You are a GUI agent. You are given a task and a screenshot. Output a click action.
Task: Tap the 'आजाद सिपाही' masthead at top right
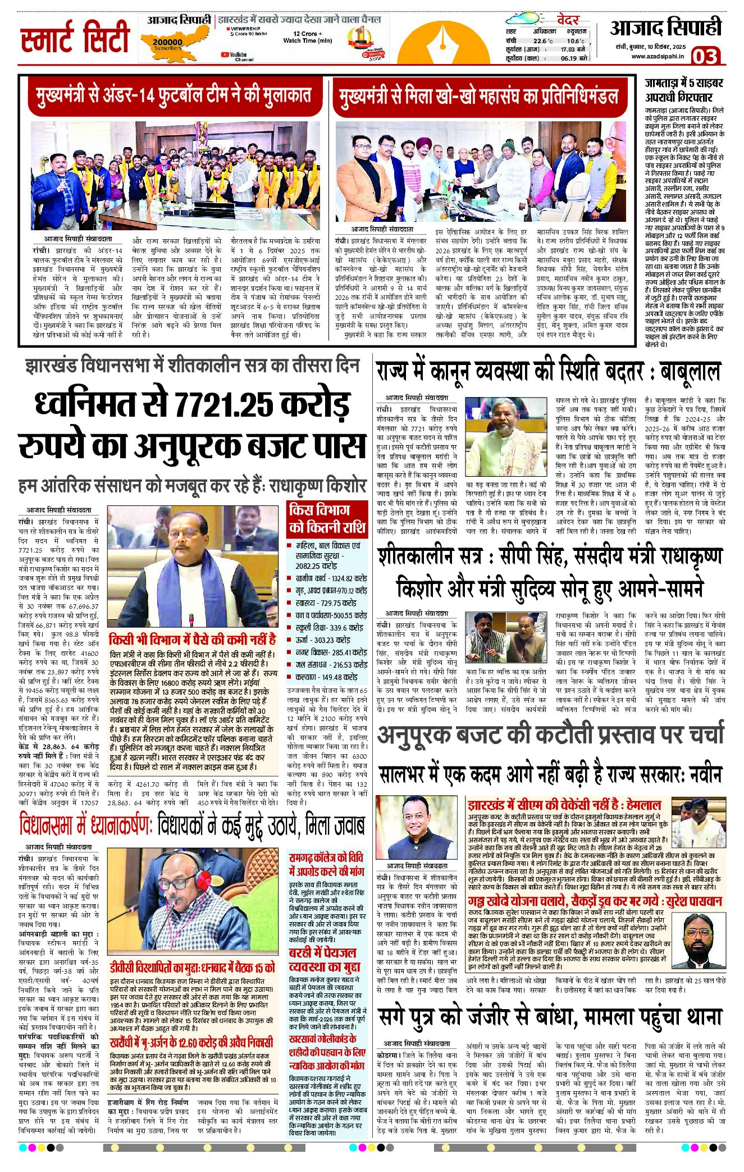665,28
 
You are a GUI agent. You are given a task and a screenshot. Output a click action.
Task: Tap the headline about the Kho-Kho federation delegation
478,96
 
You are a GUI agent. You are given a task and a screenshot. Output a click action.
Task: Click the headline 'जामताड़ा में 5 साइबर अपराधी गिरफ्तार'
684,90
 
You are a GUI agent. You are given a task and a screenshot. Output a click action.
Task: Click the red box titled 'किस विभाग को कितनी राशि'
327,518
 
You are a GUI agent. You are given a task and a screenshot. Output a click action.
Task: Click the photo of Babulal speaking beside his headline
506,436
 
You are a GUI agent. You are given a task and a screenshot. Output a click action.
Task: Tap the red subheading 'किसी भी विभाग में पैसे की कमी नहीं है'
192,639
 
